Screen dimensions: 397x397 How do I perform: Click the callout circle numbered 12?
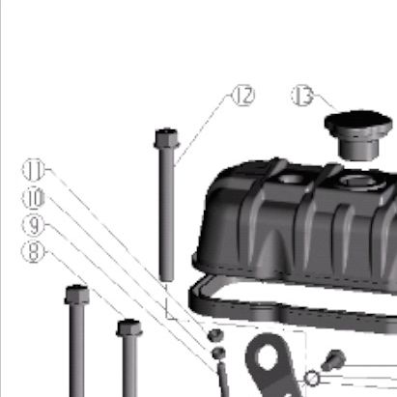point(243,96)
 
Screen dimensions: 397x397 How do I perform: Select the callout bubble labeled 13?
point(302,96)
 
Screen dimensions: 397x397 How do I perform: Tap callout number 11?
point(34,170)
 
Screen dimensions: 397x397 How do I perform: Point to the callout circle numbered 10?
point(34,197)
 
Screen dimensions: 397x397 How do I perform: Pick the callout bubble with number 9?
point(34,225)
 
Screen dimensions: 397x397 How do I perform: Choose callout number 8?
point(33,251)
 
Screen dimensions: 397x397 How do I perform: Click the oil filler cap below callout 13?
point(358,134)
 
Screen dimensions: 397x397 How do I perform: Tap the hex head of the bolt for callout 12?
point(166,138)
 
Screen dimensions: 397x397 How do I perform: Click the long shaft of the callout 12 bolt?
point(166,214)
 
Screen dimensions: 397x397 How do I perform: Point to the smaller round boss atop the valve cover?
point(291,178)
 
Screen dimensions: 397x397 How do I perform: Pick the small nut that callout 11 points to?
point(215,335)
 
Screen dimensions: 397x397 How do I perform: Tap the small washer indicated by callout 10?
point(219,353)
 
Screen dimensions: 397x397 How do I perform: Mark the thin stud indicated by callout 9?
point(223,380)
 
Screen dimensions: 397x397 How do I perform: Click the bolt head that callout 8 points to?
point(129,327)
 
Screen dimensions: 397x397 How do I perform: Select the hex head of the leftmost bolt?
point(76,295)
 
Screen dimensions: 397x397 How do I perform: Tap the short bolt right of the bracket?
point(333,359)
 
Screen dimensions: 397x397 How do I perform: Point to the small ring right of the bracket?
point(312,379)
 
